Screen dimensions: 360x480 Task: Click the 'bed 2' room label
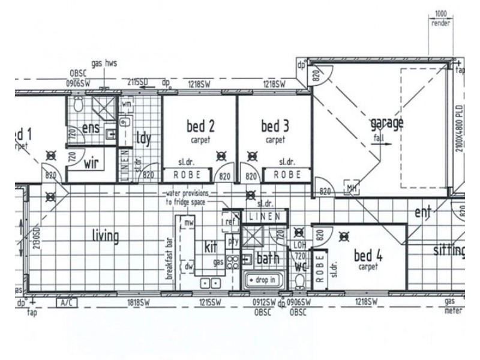click(200, 127)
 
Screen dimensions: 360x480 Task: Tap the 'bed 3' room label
click(275, 127)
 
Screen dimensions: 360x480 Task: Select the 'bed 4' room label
click(368, 254)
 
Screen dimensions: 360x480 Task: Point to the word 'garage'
click(386, 124)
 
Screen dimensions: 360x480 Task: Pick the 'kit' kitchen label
click(210, 247)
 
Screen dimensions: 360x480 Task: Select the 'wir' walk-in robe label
click(91, 163)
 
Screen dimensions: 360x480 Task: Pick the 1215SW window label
click(210, 304)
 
